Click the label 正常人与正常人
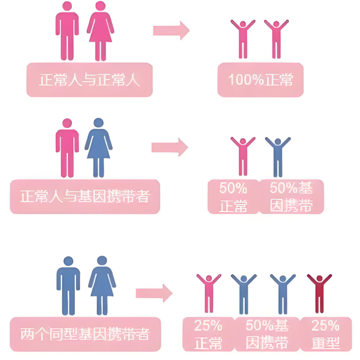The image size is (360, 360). click(x=89, y=80)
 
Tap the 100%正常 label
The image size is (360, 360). click(x=260, y=80)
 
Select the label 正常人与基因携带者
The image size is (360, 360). click(x=84, y=196)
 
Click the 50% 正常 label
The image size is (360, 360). click(x=233, y=197)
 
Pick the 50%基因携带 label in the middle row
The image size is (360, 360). click(x=291, y=197)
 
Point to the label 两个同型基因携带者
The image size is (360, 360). click(x=85, y=334)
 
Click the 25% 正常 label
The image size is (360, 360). click(x=208, y=334)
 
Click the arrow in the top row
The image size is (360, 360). click(x=171, y=30)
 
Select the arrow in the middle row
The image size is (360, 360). click(x=169, y=147)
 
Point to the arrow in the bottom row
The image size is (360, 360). click(x=154, y=292)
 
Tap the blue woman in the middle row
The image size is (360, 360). click(x=98, y=147)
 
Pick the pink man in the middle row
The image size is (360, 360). click(x=67, y=147)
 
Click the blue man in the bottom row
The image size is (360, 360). click(x=69, y=285)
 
